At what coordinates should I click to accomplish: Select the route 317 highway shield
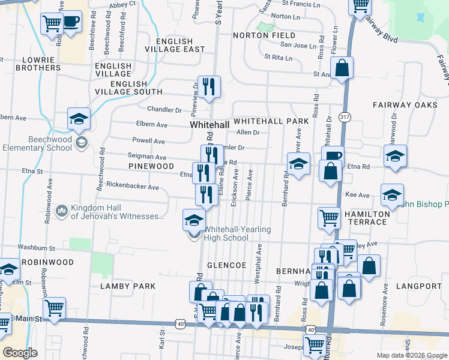(343, 115)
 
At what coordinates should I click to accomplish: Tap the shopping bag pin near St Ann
(342, 68)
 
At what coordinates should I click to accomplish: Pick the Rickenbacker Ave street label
(132, 187)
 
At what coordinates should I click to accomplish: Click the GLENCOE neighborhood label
(226, 265)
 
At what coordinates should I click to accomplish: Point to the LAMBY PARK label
(128, 286)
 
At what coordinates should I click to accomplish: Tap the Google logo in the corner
(20, 353)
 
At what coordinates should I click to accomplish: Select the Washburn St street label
(36, 247)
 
